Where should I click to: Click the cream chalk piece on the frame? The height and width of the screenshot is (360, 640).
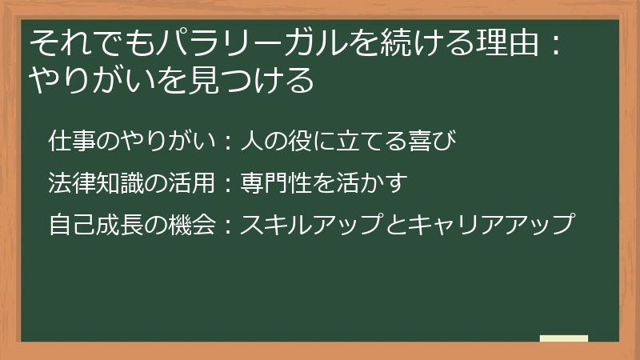pos(563,339)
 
